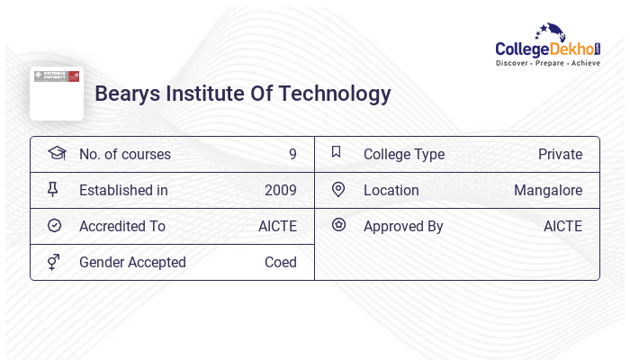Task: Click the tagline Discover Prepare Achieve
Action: click(x=548, y=64)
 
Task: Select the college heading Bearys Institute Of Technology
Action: click(x=243, y=94)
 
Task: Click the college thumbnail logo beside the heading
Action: click(x=56, y=93)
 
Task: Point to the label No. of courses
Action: click(x=124, y=155)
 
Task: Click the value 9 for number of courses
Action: click(x=292, y=155)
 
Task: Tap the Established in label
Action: click(x=123, y=191)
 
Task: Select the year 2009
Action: click(x=281, y=191)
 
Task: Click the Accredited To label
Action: click(x=122, y=227)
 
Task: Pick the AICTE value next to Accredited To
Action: click(x=277, y=227)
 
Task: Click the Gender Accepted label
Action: click(x=132, y=263)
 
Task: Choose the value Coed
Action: click(x=281, y=263)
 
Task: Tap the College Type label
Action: click(x=404, y=155)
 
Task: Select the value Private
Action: click(x=560, y=155)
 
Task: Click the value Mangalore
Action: click(x=548, y=191)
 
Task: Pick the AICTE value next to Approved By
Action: click(x=562, y=227)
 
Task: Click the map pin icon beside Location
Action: click(x=338, y=190)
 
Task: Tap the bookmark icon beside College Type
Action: click(x=337, y=153)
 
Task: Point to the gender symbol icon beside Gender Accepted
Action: click(x=54, y=262)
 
